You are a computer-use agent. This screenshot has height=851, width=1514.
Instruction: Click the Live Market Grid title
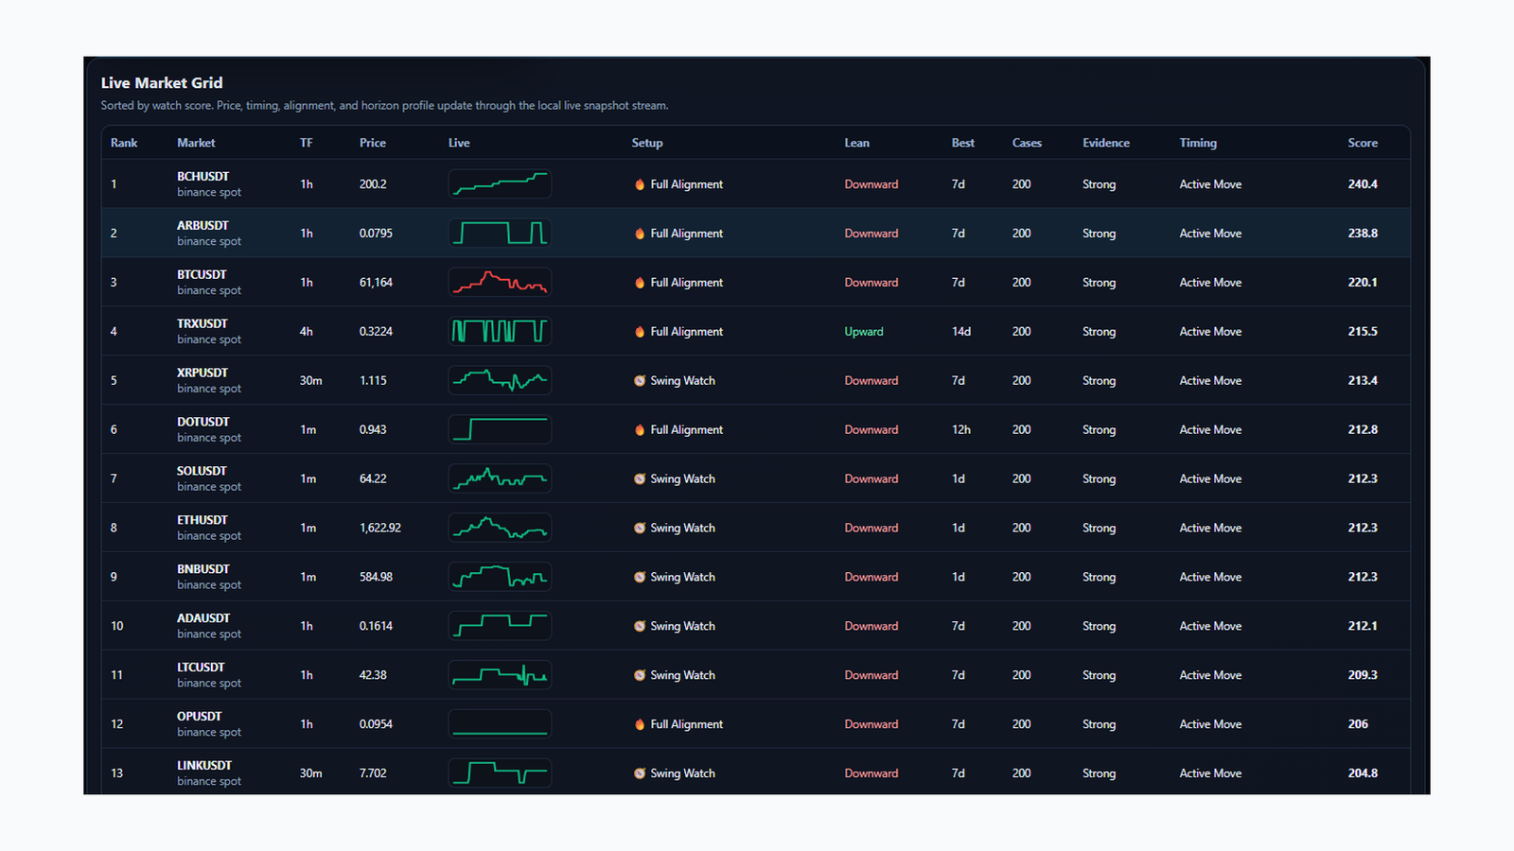(x=162, y=82)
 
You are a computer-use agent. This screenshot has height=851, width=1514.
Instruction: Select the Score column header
(x=1363, y=143)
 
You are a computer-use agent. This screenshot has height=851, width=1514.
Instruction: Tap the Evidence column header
(x=1106, y=143)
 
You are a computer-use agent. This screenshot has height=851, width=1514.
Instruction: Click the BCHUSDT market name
(x=202, y=176)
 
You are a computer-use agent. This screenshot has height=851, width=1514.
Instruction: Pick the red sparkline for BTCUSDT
(x=500, y=283)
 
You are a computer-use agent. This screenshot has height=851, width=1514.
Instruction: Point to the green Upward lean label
(x=864, y=332)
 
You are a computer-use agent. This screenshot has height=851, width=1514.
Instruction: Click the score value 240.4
(x=1363, y=184)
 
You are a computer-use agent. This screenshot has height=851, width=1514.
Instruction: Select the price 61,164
(x=376, y=283)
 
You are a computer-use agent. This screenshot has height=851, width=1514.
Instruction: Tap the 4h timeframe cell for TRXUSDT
(x=307, y=332)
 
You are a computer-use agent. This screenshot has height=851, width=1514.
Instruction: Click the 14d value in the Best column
(x=961, y=332)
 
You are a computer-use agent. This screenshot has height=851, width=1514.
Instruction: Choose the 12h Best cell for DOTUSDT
(x=961, y=429)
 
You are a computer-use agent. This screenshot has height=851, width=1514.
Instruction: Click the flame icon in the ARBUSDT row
(x=640, y=234)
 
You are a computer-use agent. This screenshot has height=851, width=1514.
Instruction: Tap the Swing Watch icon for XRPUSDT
(x=640, y=381)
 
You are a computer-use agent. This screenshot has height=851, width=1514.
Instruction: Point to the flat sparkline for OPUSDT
(x=500, y=732)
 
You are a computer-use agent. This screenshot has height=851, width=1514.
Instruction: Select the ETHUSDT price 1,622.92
(x=379, y=529)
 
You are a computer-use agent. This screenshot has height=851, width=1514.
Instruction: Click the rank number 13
(x=117, y=773)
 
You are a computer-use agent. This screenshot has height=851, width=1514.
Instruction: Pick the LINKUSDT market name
(x=204, y=765)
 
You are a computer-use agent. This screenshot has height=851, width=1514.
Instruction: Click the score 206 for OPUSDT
(x=1358, y=724)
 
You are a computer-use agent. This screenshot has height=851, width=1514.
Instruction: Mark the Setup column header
(x=647, y=143)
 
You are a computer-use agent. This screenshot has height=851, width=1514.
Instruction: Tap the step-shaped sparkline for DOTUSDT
(x=500, y=429)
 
